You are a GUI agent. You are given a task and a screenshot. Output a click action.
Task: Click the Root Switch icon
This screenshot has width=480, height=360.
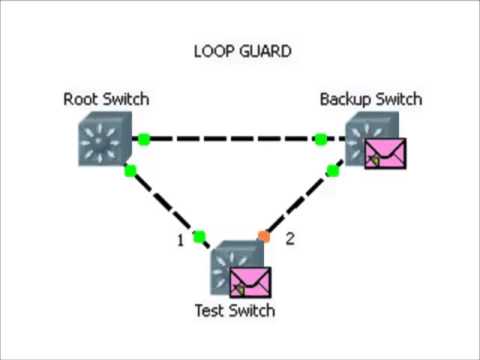tap(103, 138)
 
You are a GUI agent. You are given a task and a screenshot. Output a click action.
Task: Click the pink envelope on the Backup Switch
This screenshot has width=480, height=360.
tap(385, 153)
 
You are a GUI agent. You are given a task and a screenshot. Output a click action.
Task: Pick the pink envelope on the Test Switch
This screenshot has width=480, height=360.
tap(251, 282)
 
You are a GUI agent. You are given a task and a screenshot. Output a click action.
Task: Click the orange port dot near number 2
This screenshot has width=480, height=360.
tap(264, 236)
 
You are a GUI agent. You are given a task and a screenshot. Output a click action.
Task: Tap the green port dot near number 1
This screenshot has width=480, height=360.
tap(199, 236)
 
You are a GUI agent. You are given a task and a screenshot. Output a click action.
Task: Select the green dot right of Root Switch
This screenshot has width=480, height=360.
tap(144, 138)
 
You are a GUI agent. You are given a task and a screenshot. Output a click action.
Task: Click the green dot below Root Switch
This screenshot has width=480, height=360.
tap(130, 170)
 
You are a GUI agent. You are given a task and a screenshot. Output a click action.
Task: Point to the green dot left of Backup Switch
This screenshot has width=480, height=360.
tap(320, 138)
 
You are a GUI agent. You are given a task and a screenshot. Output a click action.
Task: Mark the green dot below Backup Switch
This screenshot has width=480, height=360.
tap(333, 170)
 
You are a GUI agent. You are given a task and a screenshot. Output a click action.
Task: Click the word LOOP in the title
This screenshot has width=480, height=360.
tap(213, 49)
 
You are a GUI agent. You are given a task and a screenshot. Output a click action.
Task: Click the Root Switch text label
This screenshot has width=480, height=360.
tap(106, 99)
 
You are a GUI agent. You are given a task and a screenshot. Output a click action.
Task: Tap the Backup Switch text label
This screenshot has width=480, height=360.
tap(370, 99)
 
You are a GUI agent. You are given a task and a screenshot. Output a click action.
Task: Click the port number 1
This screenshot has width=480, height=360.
tap(180, 239)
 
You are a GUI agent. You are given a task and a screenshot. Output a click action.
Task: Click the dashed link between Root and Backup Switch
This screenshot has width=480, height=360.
tap(232, 138)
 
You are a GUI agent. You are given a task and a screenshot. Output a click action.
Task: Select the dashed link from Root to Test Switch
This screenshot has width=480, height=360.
tap(164, 203)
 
